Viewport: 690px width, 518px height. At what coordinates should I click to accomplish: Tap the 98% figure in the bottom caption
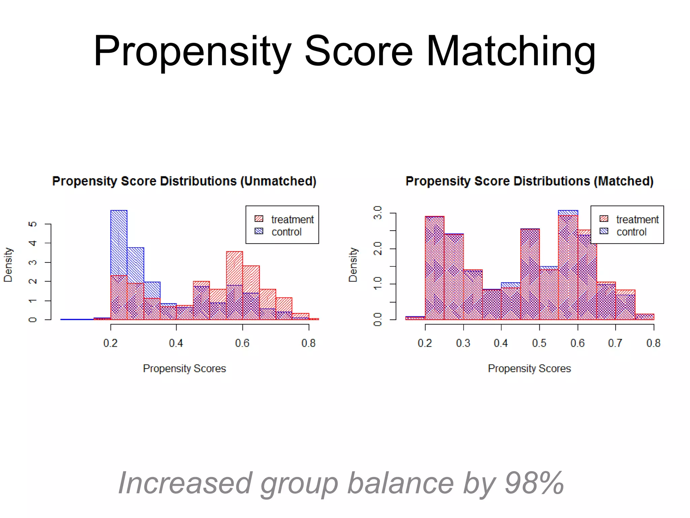[534, 483]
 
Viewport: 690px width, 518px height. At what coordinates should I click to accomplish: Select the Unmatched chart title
[184, 181]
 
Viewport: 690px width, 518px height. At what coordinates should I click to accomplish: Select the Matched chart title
[529, 181]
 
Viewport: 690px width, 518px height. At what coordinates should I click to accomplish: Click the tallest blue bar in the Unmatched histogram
[119, 243]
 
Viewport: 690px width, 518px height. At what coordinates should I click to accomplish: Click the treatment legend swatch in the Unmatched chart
[259, 219]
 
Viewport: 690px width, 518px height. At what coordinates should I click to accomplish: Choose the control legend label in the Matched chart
[631, 232]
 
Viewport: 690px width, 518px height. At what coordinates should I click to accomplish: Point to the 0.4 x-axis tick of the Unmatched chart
[176, 343]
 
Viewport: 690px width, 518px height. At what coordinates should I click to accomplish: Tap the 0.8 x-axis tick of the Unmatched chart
[309, 343]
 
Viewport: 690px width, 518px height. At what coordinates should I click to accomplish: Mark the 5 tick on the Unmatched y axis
[33, 224]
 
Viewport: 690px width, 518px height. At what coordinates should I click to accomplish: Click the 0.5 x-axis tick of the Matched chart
[539, 343]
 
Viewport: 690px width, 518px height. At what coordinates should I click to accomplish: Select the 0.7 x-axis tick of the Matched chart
[615, 343]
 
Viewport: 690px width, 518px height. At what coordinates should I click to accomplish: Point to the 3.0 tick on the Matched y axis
[378, 213]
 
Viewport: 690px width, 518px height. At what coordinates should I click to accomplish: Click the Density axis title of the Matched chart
[353, 265]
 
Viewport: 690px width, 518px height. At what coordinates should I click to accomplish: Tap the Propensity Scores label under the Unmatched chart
[184, 368]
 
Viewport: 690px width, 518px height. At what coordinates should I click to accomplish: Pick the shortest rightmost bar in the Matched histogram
[645, 317]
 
